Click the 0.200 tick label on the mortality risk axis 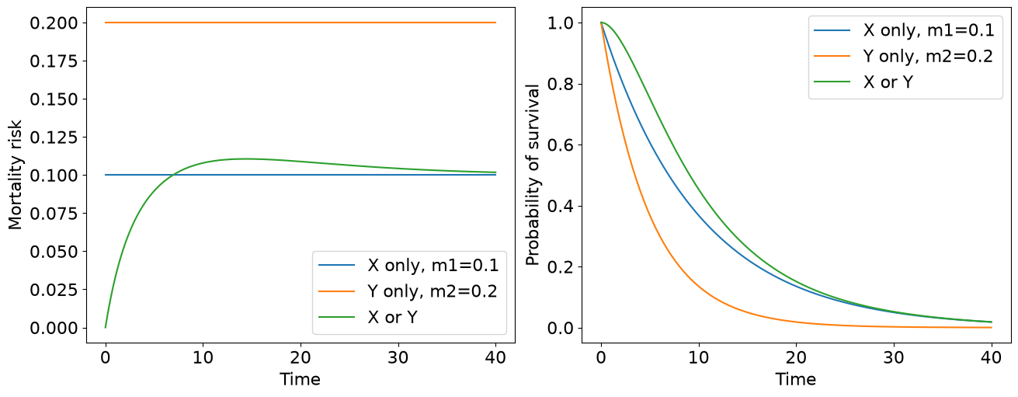pos(54,23)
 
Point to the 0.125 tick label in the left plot pos(54,137)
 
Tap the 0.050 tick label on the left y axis pos(54,252)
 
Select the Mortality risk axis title pos(15,175)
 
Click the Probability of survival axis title pos(532,175)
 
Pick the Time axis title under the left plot pos(300,379)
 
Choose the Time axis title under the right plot pos(796,379)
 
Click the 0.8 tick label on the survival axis pos(560,84)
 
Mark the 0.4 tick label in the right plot pos(560,206)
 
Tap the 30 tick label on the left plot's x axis pos(398,358)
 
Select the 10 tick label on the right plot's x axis pos(699,358)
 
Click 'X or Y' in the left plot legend pos(392,317)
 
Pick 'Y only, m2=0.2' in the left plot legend pos(433,291)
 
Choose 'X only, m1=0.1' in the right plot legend pos(929,30)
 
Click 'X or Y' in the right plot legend pos(888,82)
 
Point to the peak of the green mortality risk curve pos(246,158)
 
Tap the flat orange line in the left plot pos(301,23)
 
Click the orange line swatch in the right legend pos(832,56)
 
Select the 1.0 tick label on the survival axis pos(560,23)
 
